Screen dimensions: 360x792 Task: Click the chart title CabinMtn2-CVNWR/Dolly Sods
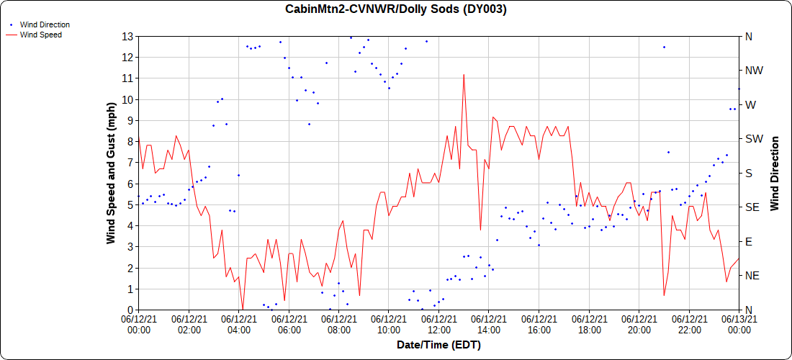(396, 9)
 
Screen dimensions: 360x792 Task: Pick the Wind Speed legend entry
(40, 34)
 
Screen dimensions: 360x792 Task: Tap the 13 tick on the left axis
(127, 36)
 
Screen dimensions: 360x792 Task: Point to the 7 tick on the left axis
(130, 163)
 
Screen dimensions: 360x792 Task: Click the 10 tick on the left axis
(127, 99)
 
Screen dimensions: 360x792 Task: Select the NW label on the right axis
(755, 71)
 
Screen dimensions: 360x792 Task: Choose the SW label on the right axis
(755, 139)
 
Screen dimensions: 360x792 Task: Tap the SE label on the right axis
(752, 207)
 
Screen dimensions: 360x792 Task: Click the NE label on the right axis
(752, 276)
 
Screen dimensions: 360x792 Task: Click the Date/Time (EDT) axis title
(438, 345)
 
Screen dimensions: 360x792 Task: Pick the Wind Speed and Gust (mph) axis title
(111, 173)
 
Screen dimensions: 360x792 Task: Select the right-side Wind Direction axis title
(775, 173)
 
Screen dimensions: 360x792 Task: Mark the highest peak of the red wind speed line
(464, 74)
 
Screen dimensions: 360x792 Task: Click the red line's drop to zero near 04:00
(243, 309)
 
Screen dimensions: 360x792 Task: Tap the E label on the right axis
(749, 241)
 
